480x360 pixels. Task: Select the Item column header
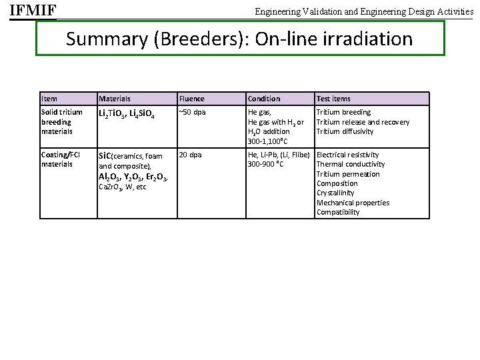[49, 99]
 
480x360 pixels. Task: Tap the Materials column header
[115, 99]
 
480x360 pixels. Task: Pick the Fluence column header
[192, 99]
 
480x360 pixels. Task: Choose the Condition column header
[264, 99]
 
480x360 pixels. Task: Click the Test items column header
[333, 99]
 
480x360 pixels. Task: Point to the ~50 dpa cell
[193, 112]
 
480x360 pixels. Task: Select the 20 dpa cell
[190, 155]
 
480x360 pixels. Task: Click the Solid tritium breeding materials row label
[62, 121]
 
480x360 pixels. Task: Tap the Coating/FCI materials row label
[61, 159]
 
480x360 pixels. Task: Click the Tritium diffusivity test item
[345, 131]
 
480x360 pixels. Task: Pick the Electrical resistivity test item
[347, 155]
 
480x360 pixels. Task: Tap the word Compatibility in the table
[338, 212]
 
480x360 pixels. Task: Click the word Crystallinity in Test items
[337, 193]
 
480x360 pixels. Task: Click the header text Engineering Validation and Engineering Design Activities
[364, 11]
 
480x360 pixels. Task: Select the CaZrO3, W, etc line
[122, 187]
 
